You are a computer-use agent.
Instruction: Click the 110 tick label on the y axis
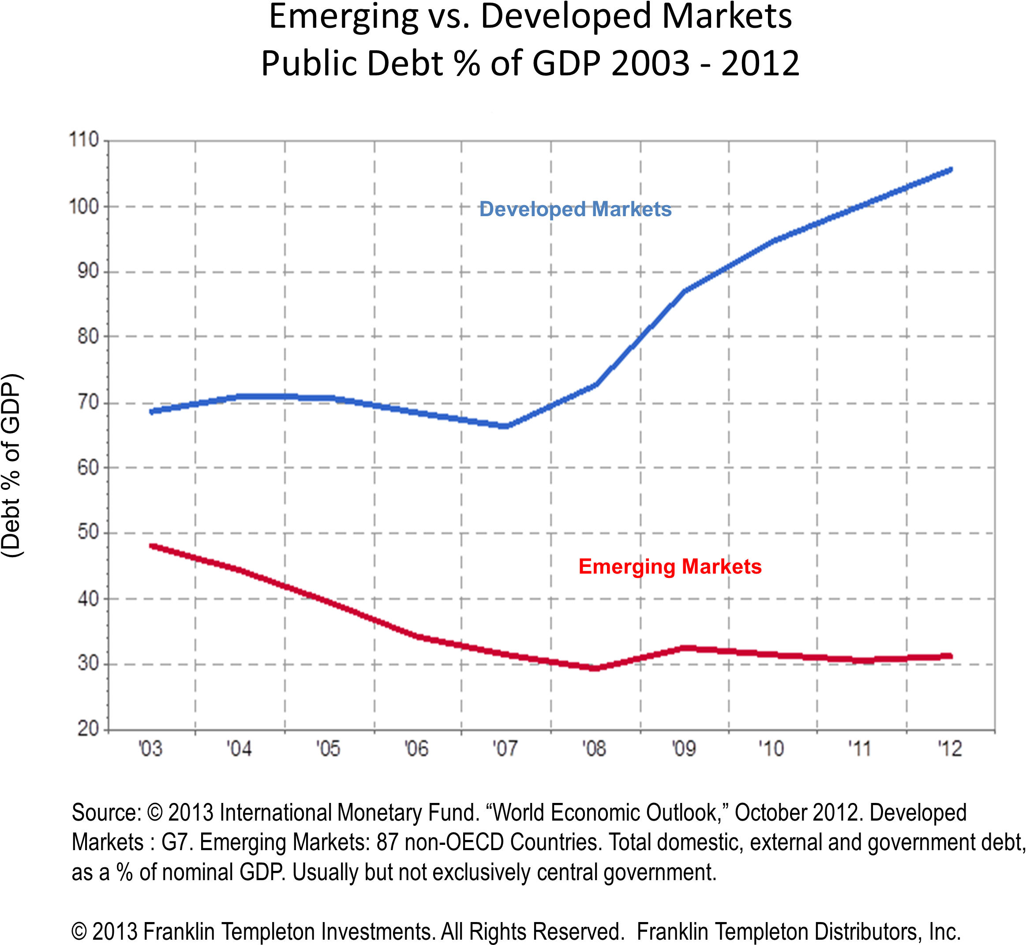pyautogui.click(x=84, y=139)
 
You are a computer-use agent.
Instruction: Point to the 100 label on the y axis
pyautogui.click(x=84, y=206)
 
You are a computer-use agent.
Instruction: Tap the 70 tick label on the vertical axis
pyautogui.click(x=87, y=403)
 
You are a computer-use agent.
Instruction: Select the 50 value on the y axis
pyautogui.click(x=87, y=533)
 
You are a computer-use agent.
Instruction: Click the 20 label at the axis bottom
pyautogui.click(x=87, y=729)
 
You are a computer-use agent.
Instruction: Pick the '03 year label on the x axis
pyautogui.click(x=150, y=749)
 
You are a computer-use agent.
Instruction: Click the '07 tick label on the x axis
pyautogui.click(x=505, y=749)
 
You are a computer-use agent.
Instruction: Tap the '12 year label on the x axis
pyautogui.click(x=950, y=749)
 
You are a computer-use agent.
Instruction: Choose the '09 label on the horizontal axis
pyautogui.click(x=684, y=749)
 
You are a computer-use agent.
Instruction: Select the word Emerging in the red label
pyautogui.click(x=627, y=567)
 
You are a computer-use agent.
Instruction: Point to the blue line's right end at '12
pyautogui.click(x=950, y=170)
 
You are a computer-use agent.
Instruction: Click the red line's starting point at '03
pyautogui.click(x=152, y=546)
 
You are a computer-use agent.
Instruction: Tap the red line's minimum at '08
pyautogui.click(x=595, y=668)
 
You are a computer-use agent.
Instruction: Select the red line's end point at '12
pyautogui.click(x=949, y=656)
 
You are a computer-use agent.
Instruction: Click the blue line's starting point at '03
pyautogui.click(x=152, y=412)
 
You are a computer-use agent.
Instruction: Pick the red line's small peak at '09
pyautogui.click(x=688, y=649)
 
